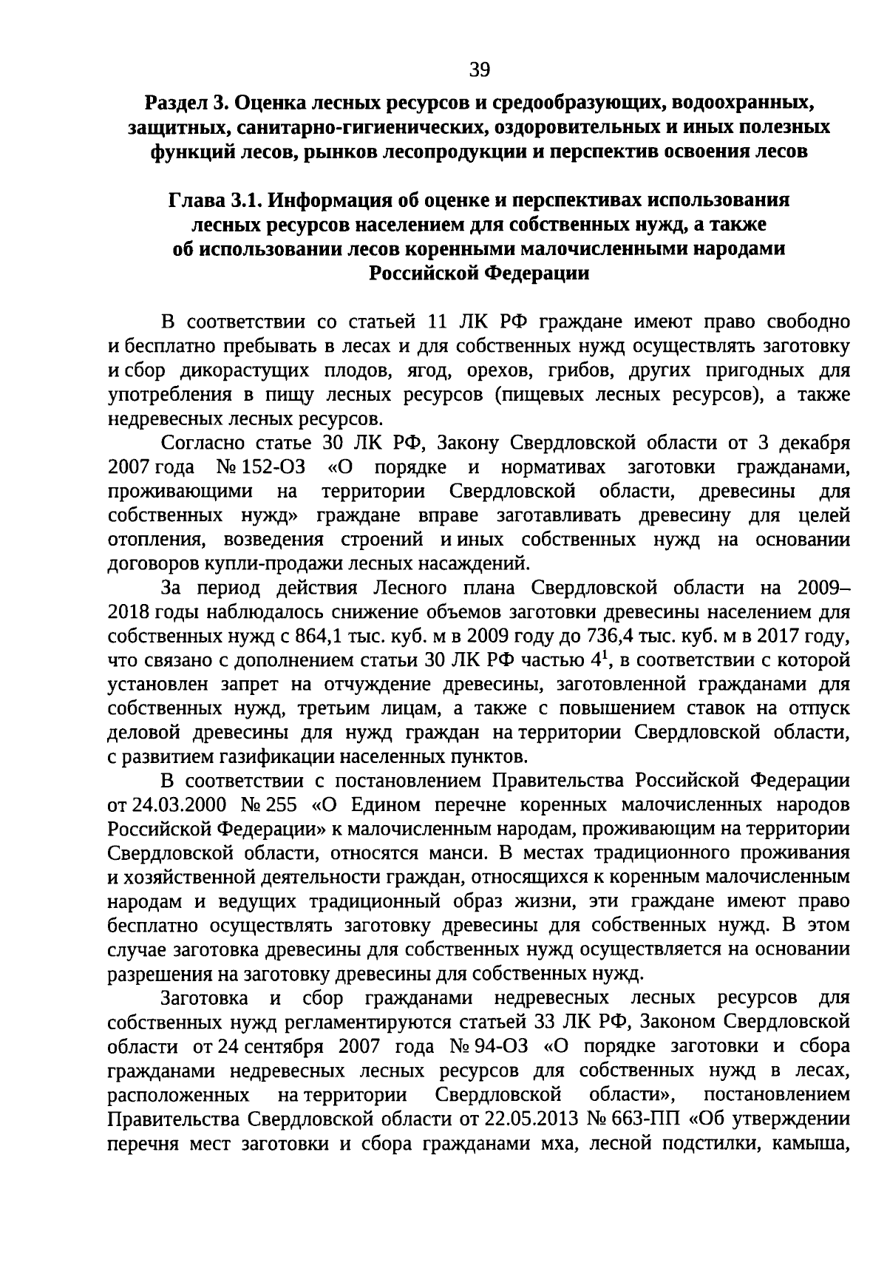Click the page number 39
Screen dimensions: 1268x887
click(480, 70)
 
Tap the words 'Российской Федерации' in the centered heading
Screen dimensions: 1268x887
click(479, 273)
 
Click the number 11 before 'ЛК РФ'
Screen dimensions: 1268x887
click(441, 322)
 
